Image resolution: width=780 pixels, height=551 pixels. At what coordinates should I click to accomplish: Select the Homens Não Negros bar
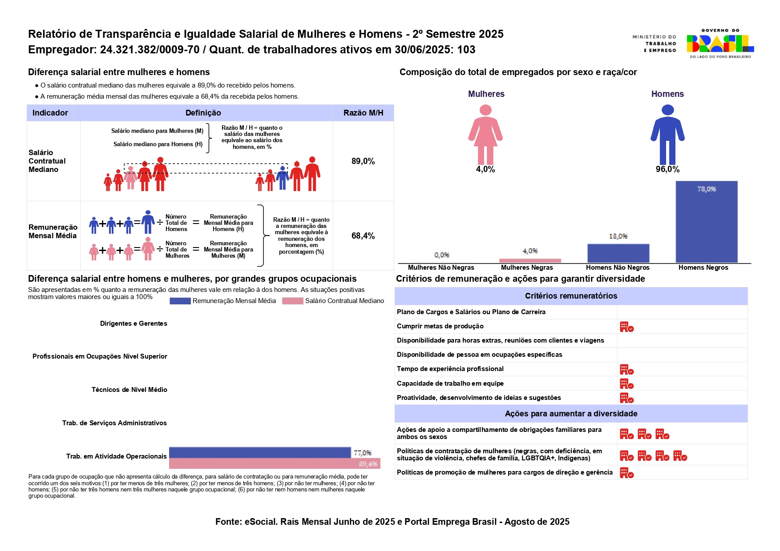point(618,253)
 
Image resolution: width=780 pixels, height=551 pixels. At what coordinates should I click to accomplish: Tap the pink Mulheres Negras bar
point(530,260)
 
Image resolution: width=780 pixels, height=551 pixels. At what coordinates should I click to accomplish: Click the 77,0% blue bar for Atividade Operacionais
point(260,452)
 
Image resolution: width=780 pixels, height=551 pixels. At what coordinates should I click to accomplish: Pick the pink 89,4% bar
point(275,463)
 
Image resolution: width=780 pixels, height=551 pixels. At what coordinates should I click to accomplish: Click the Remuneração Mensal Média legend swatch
point(180,301)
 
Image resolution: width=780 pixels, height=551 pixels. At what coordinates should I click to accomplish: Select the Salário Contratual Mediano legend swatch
point(293,301)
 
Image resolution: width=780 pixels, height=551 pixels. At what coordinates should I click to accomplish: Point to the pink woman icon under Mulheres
point(485,134)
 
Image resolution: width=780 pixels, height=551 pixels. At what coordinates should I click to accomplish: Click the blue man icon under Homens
point(667,134)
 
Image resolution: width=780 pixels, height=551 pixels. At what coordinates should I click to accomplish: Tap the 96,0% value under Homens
point(667,169)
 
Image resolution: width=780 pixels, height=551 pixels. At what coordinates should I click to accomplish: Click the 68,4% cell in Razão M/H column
point(363,236)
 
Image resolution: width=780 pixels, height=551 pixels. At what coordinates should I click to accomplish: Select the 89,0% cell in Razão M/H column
point(363,161)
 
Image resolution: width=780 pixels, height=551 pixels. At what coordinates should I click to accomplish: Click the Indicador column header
point(50,113)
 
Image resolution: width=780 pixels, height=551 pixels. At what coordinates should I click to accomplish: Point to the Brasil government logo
point(719,44)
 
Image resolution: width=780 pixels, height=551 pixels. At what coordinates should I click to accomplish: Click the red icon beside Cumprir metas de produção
point(626,327)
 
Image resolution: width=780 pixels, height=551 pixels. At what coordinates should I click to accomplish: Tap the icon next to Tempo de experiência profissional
point(626,370)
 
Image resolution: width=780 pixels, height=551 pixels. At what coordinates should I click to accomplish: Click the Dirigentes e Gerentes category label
point(133,323)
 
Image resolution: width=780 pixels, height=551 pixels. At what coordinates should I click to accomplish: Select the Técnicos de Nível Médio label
point(129,390)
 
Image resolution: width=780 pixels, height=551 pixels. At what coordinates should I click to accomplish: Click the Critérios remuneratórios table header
point(571,296)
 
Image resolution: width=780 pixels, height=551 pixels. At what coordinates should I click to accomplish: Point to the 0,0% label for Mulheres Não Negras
point(442,255)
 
